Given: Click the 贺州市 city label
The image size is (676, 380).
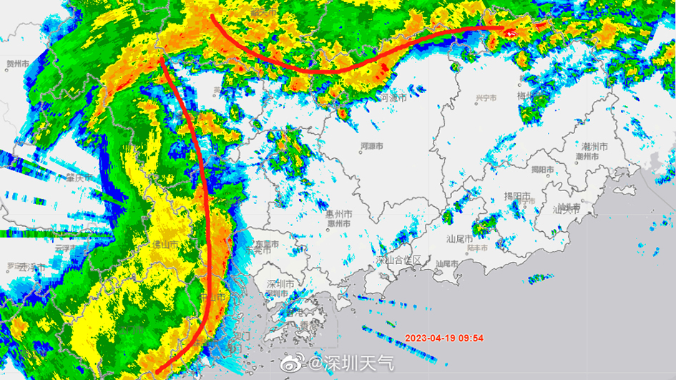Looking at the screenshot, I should point(18,64).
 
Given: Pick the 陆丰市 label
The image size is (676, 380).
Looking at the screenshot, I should point(478,248).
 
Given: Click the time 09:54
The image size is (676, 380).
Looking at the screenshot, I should point(471,338).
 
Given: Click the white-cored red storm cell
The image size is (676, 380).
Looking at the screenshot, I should point(511,30).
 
